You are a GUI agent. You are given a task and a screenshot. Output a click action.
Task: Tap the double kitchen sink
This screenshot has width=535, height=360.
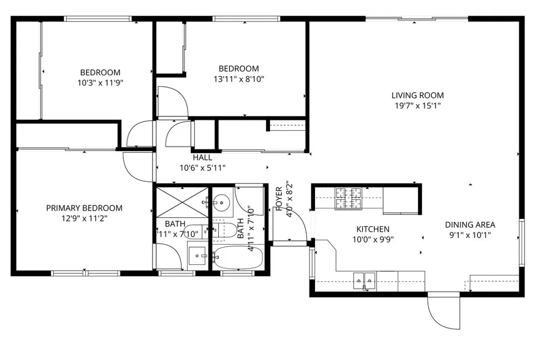point(364,281)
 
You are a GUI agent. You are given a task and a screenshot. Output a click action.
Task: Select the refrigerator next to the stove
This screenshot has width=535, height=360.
point(400,200)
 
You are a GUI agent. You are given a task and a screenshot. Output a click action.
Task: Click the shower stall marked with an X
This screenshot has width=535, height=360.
point(182,203)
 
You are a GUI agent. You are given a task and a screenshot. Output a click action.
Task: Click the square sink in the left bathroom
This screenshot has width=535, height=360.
point(198,256)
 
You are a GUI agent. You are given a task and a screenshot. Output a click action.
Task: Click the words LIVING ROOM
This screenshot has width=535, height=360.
point(417,95)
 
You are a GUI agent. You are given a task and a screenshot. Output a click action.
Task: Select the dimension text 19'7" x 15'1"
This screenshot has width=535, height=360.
point(417,105)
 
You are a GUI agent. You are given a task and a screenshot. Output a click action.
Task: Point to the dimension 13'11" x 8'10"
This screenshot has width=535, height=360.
point(239,79)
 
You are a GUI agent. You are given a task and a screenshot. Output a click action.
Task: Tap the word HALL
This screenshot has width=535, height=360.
point(202,157)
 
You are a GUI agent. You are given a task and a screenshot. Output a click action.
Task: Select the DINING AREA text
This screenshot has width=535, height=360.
point(470,225)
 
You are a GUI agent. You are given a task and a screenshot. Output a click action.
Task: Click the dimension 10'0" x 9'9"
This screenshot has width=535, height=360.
point(373,239)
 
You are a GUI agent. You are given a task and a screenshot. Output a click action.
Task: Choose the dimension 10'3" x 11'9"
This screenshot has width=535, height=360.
point(100,83)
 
